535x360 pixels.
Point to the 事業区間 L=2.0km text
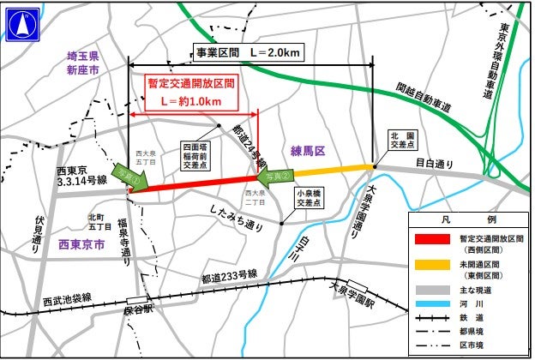coord(249,52)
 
